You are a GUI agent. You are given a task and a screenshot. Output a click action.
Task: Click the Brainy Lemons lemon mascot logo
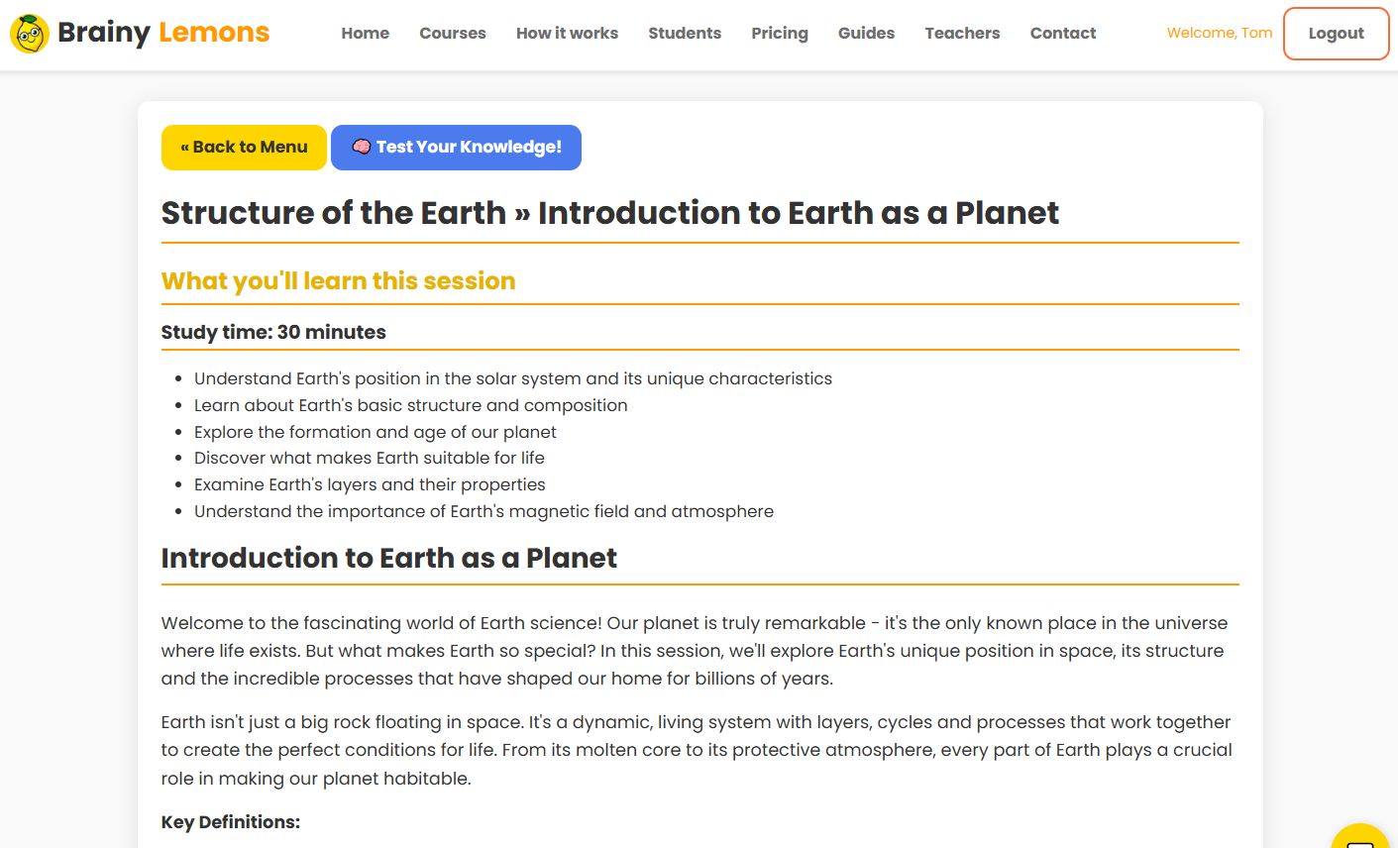pyautogui.click(x=30, y=34)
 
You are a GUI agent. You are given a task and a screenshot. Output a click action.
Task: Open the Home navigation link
pyautogui.click(x=365, y=33)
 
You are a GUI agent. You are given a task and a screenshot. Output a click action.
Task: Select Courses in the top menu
pyautogui.click(x=452, y=33)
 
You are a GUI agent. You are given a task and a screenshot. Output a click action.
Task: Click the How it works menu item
pyautogui.click(x=567, y=33)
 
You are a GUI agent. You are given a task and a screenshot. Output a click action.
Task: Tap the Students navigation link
pyautogui.click(x=685, y=33)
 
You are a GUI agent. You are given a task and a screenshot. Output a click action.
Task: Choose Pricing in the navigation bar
pyautogui.click(x=779, y=33)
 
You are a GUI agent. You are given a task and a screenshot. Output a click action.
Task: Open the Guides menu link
pyautogui.click(x=866, y=33)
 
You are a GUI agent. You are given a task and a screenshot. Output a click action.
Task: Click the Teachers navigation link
pyautogui.click(x=962, y=33)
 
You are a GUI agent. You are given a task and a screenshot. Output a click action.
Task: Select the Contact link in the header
pyautogui.click(x=1062, y=33)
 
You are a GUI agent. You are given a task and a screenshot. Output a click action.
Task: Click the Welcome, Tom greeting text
pyautogui.click(x=1219, y=33)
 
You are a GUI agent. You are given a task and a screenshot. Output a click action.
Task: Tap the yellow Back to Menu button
pyautogui.click(x=244, y=148)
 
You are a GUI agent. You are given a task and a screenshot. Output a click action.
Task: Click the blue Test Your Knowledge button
pyautogui.click(x=456, y=148)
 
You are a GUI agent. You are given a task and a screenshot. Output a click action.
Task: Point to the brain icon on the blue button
pyautogui.click(x=362, y=147)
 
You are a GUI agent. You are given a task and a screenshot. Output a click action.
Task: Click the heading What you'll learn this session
pyautogui.click(x=338, y=281)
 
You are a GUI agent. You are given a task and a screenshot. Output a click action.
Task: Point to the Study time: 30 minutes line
pyautogui.click(x=273, y=332)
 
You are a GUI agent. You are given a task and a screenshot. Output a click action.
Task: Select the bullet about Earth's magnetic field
pyautogui.click(x=484, y=511)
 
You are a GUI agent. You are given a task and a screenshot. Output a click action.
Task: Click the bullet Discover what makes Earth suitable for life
pyautogui.click(x=369, y=458)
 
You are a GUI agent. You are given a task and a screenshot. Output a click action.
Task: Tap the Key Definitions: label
pyautogui.click(x=230, y=822)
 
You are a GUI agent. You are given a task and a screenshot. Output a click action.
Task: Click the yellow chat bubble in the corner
pyautogui.click(x=1361, y=838)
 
